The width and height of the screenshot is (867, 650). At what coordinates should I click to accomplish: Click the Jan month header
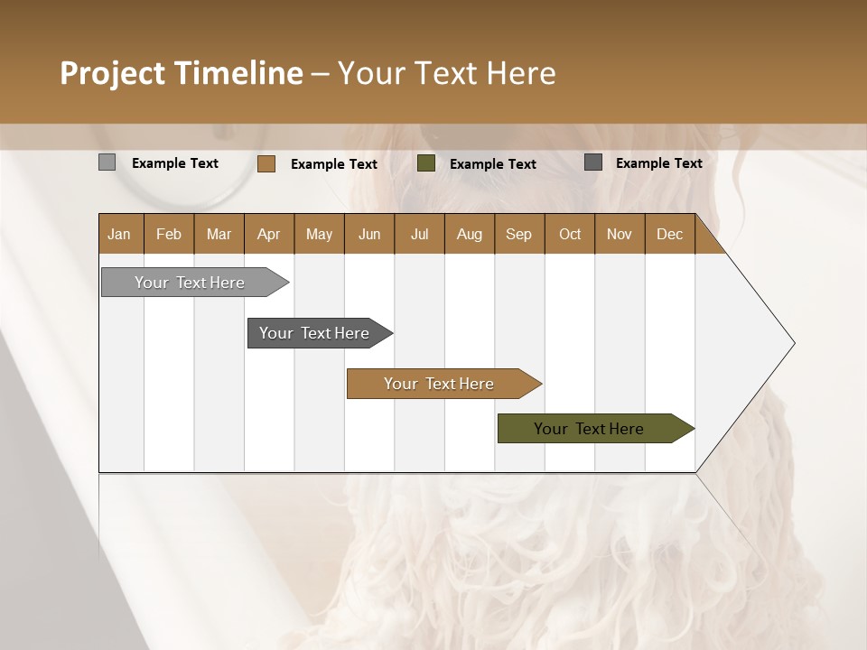pyautogui.click(x=120, y=234)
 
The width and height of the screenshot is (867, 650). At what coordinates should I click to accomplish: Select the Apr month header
pyautogui.click(x=268, y=234)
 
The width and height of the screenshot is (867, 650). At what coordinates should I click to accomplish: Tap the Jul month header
pyautogui.click(x=419, y=234)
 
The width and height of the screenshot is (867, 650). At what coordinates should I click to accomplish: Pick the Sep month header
pyautogui.click(x=518, y=234)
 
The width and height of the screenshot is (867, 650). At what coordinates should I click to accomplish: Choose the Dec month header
pyautogui.click(x=669, y=234)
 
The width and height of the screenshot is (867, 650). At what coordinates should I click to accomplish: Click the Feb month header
pyautogui.click(x=169, y=234)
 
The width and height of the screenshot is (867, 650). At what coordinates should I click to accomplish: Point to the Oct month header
pyautogui.click(x=570, y=234)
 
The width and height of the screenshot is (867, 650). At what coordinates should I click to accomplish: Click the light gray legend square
pyautogui.click(x=107, y=162)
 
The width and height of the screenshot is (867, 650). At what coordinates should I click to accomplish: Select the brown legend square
pyautogui.click(x=266, y=163)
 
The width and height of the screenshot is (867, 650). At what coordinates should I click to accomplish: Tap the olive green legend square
pyautogui.click(x=426, y=163)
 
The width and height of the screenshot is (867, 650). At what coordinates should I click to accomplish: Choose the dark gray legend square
pyautogui.click(x=592, y=162)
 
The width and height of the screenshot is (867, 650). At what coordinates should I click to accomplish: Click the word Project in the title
pyautogui.click(x=111, y=73)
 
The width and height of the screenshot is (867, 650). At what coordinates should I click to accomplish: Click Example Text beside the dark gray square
pyautogui.click(x=658, y=162)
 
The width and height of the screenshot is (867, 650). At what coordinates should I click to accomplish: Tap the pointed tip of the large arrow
pyautogui.click(x=792, y=343)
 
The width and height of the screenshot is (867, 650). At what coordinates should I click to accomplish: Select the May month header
pyautogui.click(x=319, y=234)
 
